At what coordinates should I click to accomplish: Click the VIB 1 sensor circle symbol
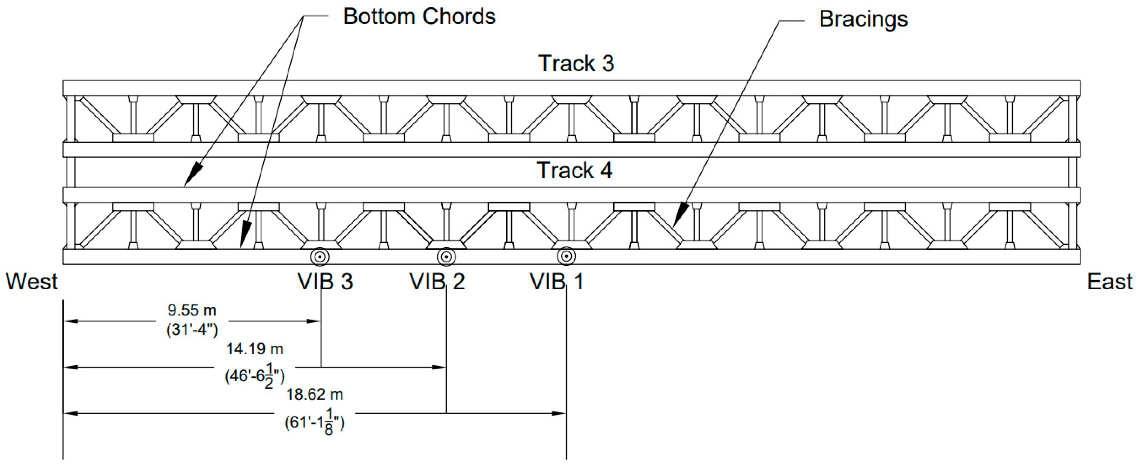[566, 256]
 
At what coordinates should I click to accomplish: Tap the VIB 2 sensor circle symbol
[446, 256]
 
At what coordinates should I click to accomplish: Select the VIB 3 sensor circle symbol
[320, 256]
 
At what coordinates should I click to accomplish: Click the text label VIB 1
[557, 282]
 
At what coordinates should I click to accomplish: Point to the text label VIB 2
[437, 282]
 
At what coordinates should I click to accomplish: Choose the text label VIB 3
[325, 282]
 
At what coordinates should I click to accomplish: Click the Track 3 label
[576, 63]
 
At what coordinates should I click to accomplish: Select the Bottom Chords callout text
[419, 17]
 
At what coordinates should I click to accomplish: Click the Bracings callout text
[863, 19]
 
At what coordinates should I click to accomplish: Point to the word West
[32, 282]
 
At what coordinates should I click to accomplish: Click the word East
[1110, 282]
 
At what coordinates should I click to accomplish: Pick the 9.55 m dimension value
[192, 310]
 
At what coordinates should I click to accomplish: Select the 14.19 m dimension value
[254, 349]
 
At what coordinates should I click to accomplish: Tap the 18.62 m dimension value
[314, 394]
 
